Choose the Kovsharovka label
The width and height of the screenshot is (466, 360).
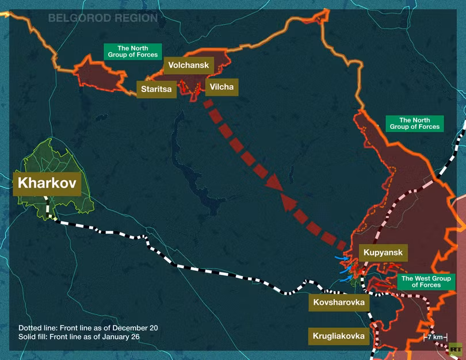[x=338, y=302]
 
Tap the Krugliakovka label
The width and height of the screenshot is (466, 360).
[x=338, y=336]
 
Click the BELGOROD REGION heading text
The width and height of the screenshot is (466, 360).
[x=102, y=18]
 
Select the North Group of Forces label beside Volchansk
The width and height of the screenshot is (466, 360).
[x=132, y=51]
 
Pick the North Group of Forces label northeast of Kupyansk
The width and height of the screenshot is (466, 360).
[x=414, y=123]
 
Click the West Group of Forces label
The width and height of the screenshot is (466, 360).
[x=426, y=281]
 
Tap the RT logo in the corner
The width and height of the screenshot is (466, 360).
[x=456, y=349]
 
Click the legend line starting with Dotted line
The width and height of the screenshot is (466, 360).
[x=88, y=328]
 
